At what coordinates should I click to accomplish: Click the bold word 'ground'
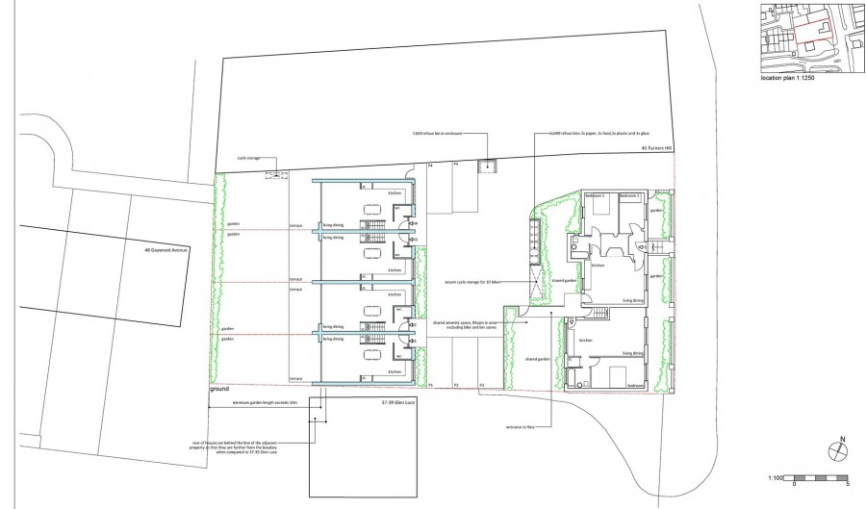(220, 390)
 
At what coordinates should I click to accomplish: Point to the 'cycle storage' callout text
(249, 159)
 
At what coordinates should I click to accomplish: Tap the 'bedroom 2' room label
(629, 196)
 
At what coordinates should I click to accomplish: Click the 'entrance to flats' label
(521, 425)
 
